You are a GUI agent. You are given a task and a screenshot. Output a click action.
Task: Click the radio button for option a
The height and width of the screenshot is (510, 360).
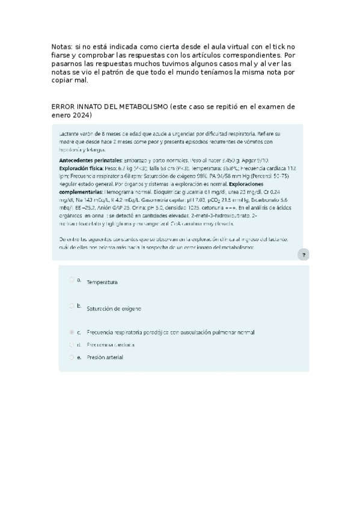[x=72, y=279]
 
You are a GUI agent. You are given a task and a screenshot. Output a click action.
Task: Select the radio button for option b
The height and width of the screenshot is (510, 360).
[x=72, y=306]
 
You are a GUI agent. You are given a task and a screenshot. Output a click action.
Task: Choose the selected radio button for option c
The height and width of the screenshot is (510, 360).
[x=72, y=331]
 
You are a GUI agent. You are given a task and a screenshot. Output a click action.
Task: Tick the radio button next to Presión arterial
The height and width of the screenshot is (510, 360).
[x=72, y=357]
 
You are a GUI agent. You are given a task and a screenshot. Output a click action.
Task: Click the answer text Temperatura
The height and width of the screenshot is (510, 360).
[x=102, y=281]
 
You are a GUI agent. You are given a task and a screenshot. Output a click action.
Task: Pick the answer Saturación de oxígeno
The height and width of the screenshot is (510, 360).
[x=114, y=309]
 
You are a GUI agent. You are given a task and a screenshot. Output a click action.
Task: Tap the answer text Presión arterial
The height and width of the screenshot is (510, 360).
[x=105, y=357]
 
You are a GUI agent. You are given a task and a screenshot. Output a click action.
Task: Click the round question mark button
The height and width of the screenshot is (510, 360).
[x=304, y=255]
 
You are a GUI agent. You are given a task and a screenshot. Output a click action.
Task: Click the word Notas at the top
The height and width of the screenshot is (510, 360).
[x=61, y=46]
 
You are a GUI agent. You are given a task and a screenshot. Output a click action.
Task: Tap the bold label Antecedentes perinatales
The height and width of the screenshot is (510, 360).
[x=90, y=162]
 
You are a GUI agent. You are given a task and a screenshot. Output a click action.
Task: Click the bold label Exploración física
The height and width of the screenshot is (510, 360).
[x=82, y=169]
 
